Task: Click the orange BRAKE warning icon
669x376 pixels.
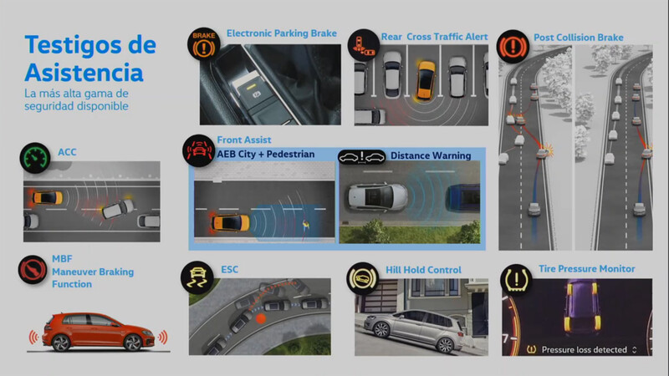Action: coord(204,44)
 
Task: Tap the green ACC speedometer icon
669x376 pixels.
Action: coord(35,158)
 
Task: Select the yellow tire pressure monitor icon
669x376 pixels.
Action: coord(516,280)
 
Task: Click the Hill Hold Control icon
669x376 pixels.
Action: coord(363,279)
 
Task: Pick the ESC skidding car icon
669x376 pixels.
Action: coord(197,277)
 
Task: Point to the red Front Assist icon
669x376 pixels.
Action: coord(199,150)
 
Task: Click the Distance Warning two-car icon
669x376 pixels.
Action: coord(362,157)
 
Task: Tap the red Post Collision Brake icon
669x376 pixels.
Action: coord(513,47)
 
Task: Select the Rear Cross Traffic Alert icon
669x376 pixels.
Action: coord(364,45)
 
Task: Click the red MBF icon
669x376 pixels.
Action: coord(33,270)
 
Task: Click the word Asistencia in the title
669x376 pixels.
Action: coord(84,73)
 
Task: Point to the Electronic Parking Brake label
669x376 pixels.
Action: coord(282,33)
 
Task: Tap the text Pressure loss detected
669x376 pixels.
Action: coord(584,349)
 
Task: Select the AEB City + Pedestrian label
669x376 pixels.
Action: coord(265,155)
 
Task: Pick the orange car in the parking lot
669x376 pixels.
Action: coord(426,80)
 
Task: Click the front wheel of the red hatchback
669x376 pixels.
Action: coord(132,343)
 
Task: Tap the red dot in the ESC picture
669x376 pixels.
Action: coord(261,318)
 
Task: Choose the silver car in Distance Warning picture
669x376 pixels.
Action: coord(377,197)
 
